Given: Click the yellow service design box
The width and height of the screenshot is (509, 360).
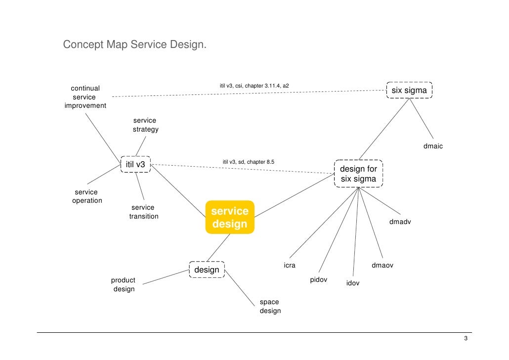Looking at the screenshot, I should click(x=230, y=218).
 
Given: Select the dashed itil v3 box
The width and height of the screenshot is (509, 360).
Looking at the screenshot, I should click(x=135, y=164).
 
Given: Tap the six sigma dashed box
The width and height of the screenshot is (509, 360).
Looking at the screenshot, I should click(x=409, y=90).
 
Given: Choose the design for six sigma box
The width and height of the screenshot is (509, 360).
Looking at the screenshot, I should click(x=359, y=174).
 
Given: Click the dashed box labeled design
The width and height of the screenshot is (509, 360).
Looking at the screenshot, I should click(x=207, y=270).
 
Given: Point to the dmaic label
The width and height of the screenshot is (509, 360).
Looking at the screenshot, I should click(x=433, y=146).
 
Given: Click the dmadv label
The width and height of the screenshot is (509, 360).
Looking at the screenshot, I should click(x=400, y=222).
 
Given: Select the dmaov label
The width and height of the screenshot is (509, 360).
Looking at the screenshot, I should click(x=382, y=266).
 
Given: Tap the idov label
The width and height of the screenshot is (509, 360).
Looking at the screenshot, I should click(x=352, y=283).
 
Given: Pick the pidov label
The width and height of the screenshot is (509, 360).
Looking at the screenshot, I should click(x=318, y=280).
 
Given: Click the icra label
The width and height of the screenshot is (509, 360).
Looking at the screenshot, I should click(x=289, y=266).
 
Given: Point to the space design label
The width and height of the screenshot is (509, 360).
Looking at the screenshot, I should click(x=270, y=307).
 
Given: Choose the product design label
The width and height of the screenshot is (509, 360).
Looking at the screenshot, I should click(x=123, y=284).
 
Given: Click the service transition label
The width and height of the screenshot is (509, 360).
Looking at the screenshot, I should click(x=143, y=212).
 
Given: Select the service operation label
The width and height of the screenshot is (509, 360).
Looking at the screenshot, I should click(x=86, y=196).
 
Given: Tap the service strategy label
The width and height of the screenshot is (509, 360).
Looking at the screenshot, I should click(x=145, y=125).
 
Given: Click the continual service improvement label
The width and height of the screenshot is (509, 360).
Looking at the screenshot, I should click(x=85, y=97).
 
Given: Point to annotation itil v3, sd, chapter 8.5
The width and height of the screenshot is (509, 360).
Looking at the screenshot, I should click(x=248, y=162).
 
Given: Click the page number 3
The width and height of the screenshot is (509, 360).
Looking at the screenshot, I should click(x=466, y=339).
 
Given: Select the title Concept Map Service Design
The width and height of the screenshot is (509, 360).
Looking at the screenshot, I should click(x=134, y=45).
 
